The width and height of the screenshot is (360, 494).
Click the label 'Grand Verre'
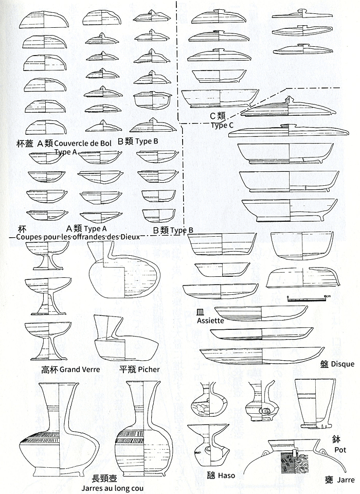pyautogui.click(x=80, y=369)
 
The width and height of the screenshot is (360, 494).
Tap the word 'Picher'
pyautogui.click(x=149, y=369)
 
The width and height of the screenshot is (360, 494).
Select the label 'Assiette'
pyautogui.click(x=210, y=321)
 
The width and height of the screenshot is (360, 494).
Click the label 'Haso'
pyautogui.click(x=226, y=475)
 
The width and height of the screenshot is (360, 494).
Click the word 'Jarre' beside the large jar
pyautogui.click(x=347, y=480)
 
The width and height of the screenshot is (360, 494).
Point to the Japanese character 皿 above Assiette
pyautogui.click(x=201, y=312)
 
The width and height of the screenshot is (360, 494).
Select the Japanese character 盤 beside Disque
pyautogui.click(x=323, y=363)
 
